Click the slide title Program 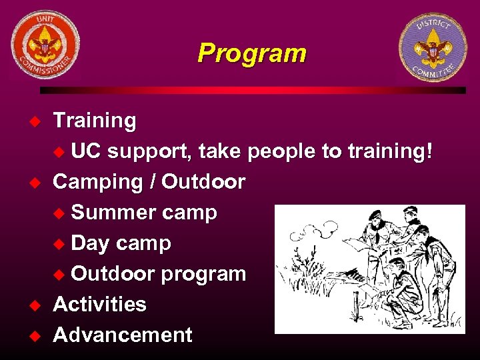251,53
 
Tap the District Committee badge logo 433,47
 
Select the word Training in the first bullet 95,121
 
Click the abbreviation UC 86,151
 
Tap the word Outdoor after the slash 203,182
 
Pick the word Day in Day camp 90,243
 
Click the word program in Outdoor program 203,274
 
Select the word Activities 99,304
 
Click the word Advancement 123,335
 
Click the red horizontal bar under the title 253,90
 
